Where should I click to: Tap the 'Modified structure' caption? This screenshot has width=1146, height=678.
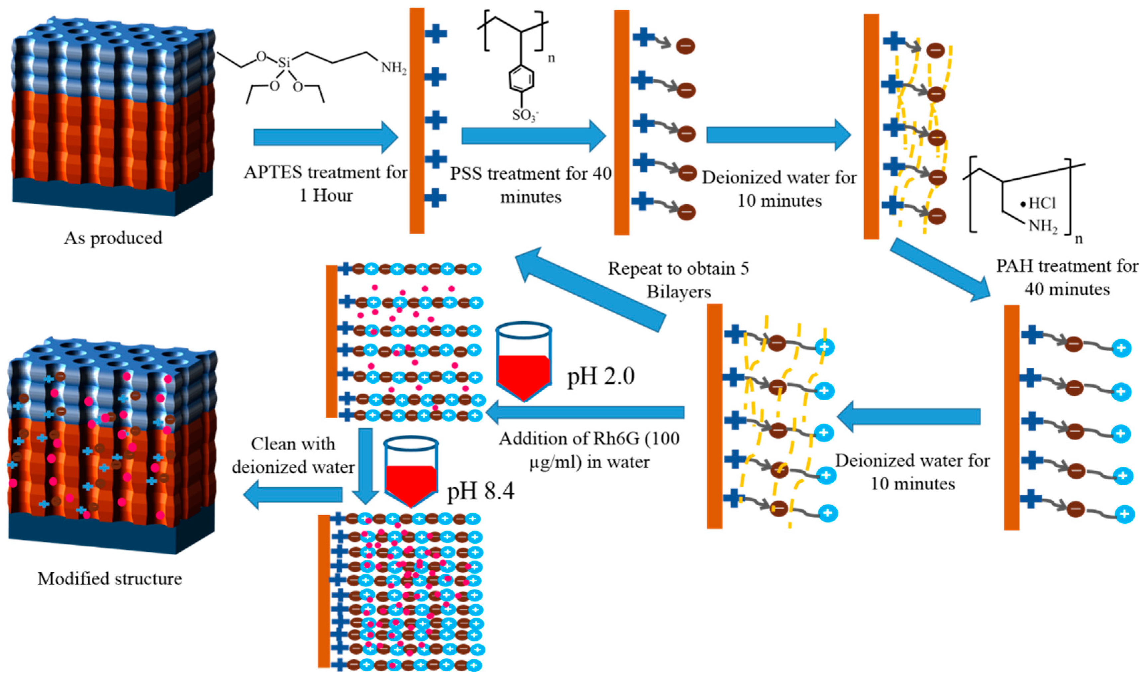click(x=110, y=579)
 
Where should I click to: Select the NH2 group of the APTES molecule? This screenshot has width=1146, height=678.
click(x=393, y=68)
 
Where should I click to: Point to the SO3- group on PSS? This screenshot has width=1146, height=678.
click(x=525, y=115)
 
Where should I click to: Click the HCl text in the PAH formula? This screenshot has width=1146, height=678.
click(x=1041, y=203)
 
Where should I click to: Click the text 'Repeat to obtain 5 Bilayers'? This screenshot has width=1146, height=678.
click(x=678, y=280)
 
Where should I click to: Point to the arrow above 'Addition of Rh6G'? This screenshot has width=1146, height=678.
click(x=585, y=413)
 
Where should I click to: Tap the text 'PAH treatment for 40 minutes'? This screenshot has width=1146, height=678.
click(x=1067, y=278)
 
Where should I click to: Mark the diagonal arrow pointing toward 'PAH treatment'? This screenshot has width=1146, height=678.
click(x=939, y=269)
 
